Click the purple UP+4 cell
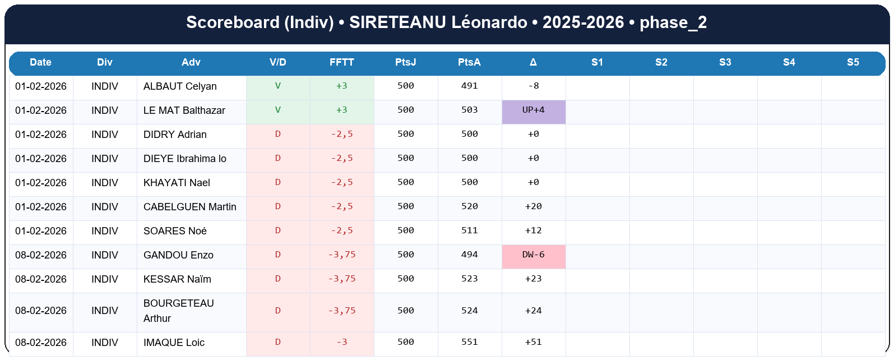click(533, 110)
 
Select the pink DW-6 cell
click(533, 255)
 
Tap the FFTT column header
click(341, 62)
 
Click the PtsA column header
click(469, 62)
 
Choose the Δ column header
click(533, 62)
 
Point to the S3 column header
click(725, 62)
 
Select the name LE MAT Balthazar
click(184, 110)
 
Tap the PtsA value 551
click(469, 342)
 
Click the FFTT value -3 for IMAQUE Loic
click(342, 342)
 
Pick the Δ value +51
click(533, 342)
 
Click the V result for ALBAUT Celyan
click(277, 86)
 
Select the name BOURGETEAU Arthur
click(178, 311)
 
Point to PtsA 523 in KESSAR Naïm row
click(469, 279)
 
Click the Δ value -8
click(533, 86)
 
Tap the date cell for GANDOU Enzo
click(41, 255)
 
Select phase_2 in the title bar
click(673, 22)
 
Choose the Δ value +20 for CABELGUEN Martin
click(533, 206)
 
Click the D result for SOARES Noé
click(277, 230)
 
